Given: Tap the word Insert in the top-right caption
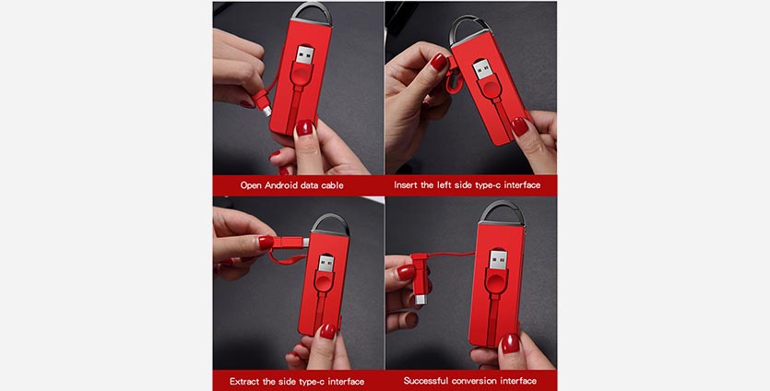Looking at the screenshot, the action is point(407,185).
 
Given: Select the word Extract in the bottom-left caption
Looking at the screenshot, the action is point(246,382).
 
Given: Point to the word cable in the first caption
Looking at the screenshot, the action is point(332,185).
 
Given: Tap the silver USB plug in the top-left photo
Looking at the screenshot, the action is point(305,54).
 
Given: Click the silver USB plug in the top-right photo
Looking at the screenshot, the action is point(481,70).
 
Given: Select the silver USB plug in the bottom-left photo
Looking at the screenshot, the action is point(326,262).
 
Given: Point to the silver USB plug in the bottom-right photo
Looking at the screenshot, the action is point(498,259).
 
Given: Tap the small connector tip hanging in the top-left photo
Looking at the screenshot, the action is point(267,111).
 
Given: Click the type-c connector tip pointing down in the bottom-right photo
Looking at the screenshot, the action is point(420,299).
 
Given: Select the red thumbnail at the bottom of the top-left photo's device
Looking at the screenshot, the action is point(304,127).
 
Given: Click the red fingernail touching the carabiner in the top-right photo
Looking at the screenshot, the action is point(439,62).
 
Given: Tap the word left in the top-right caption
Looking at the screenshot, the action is point(444,185).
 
